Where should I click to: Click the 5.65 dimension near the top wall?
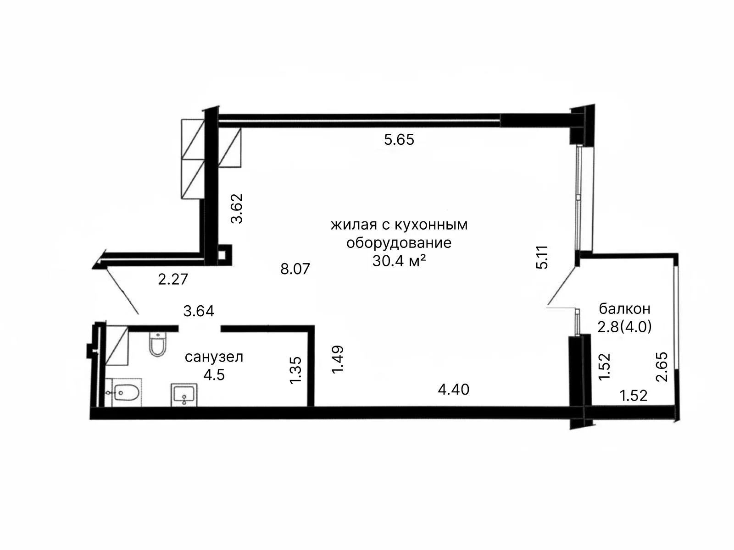coord(399,140)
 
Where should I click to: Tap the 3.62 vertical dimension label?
coord(237,209)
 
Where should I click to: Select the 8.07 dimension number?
coord(295,269)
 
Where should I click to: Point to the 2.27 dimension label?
coord(173,279)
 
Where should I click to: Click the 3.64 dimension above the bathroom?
coord(199,311)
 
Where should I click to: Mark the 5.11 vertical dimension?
coord(542,257)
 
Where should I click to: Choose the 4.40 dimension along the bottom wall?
coord(454,390)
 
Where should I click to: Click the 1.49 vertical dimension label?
coord(337,359)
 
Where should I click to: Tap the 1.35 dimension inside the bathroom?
coord(295,371)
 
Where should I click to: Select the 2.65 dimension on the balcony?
coord(662,367)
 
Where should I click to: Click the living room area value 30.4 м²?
coord(399,261)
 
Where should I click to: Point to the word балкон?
coord(625,309)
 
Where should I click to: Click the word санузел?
coord(214,357)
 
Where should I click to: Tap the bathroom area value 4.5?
coord(214,375)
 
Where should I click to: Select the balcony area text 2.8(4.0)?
coord(625,327)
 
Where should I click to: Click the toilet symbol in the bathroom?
coord(157,344)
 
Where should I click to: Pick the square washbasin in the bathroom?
coord(184,395)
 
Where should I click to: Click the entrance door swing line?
coord(123,291)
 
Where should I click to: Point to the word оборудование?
coord(399,243)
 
